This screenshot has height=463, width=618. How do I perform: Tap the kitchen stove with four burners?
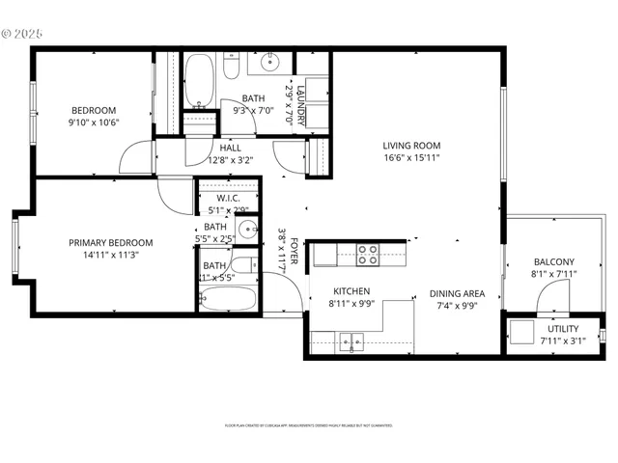click(368, 254)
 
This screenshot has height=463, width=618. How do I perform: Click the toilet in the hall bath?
click(231, 68)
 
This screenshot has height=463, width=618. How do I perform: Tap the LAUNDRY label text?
click(300, 104)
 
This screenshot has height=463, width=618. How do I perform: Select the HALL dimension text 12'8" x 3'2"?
click(230, 160)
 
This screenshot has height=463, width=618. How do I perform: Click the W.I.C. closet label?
click(228, 198)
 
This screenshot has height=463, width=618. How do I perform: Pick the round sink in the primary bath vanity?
click(247, 230)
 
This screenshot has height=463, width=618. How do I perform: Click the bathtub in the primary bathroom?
click(228, 297)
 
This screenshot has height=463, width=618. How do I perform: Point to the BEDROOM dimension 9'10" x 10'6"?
click(93, 123)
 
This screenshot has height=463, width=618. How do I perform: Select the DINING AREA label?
click(458, 293)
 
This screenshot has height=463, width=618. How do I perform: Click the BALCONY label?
click(553, 262)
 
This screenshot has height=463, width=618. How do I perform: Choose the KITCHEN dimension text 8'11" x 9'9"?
click(351, 304)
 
